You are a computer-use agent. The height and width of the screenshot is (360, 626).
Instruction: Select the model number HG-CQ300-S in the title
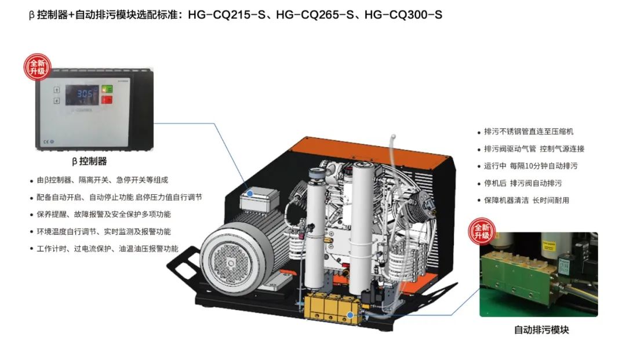403,14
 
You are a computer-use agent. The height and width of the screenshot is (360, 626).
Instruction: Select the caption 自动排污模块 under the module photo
541,330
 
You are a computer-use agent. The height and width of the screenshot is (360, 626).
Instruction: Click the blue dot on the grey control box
250,193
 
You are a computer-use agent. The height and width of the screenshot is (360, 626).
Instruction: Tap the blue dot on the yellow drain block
350,315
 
